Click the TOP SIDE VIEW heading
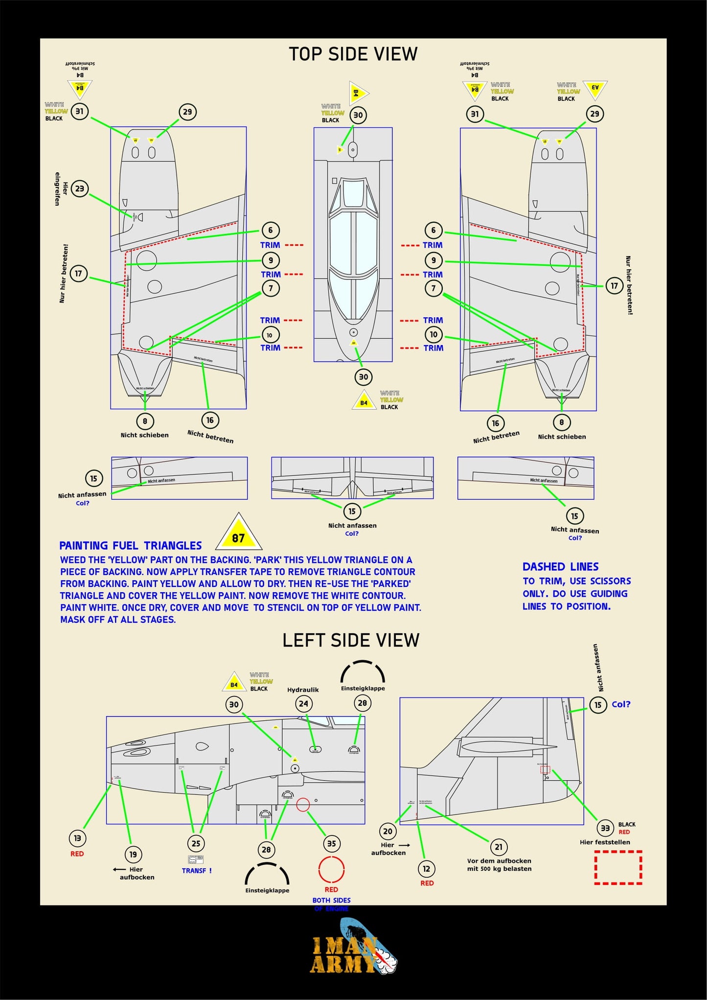pyautogui.click(x=353, y=54)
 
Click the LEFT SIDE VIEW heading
pyautogui.click(x=351, y=640)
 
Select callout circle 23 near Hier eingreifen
pyautogui.click(x=79, y=188)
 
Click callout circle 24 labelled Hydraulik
pyautogui.click(x=303, y=704)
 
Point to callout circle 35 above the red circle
pyautogui.click(x=331, y=843)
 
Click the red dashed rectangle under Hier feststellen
pyautogui.click(x=618, y=867)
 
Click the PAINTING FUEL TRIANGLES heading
pyautogui.click(x=130, y=546)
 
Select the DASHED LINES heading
pyautogui.click(x=560, y=567)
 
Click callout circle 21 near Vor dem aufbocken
pyautogui.click(x=498, y=847)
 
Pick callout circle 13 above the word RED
pyautogui.click(x=77, y=838)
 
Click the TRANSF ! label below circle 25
pyautogui.click(x=196, y=871)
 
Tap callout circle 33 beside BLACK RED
pyautogui.click(x=605, y=828)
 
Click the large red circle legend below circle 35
pyautogui.click(x=331, y=870)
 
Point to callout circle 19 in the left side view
pyautogui.click(x=133, y=854)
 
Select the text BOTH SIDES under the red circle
pyautogui.click(x=331, y=900)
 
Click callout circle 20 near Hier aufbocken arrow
pyautogui.click(x=388, y=831)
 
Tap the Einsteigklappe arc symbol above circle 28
pyautogui.click(x=363, y=672)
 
